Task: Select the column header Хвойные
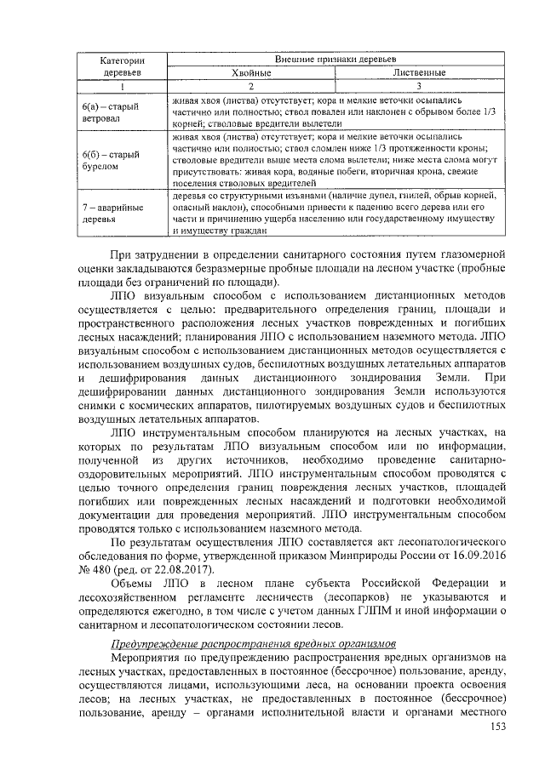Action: (x=251, y=73)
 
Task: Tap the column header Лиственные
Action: (x=418, y=73)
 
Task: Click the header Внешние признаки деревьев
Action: (x=335, y=60)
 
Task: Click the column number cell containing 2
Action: (x=251, y=87)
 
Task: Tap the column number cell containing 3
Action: (x=418, y=87)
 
